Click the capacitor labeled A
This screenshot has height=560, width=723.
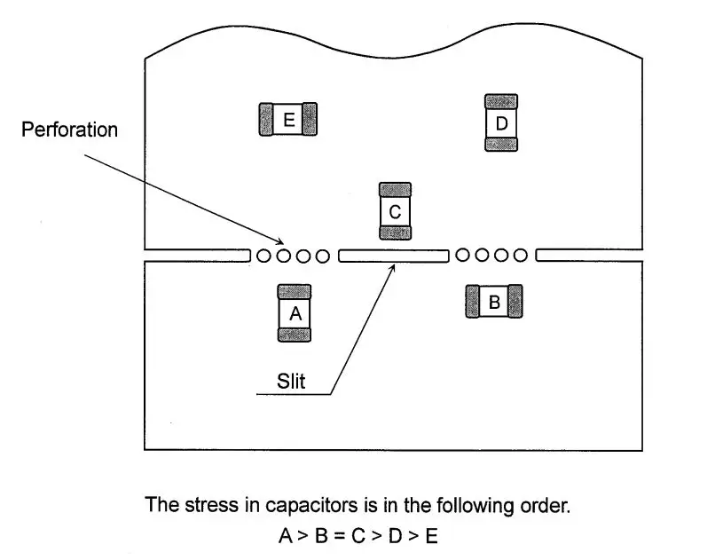point(295,312)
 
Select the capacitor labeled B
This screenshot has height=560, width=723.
point(494,302)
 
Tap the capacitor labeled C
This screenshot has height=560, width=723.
point(395,211)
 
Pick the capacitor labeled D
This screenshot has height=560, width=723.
point(501,123)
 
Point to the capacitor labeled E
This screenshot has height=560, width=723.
point(287,119)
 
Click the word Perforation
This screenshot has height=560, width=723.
point(69,130)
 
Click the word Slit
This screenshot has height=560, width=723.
point(291,382)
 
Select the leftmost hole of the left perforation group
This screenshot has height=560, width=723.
point(264,256)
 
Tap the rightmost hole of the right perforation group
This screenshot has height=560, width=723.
point(522,256)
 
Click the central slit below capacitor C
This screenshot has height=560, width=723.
point(393,256)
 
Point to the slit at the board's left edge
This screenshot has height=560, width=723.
point(196,256)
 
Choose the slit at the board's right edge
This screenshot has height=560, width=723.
point(588,256)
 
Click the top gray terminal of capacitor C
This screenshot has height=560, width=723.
point(395,190)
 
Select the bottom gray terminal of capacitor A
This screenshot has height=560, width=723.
point(295,335)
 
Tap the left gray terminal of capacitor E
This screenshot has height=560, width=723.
point(265,119)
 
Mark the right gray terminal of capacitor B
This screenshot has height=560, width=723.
point(514,302)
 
